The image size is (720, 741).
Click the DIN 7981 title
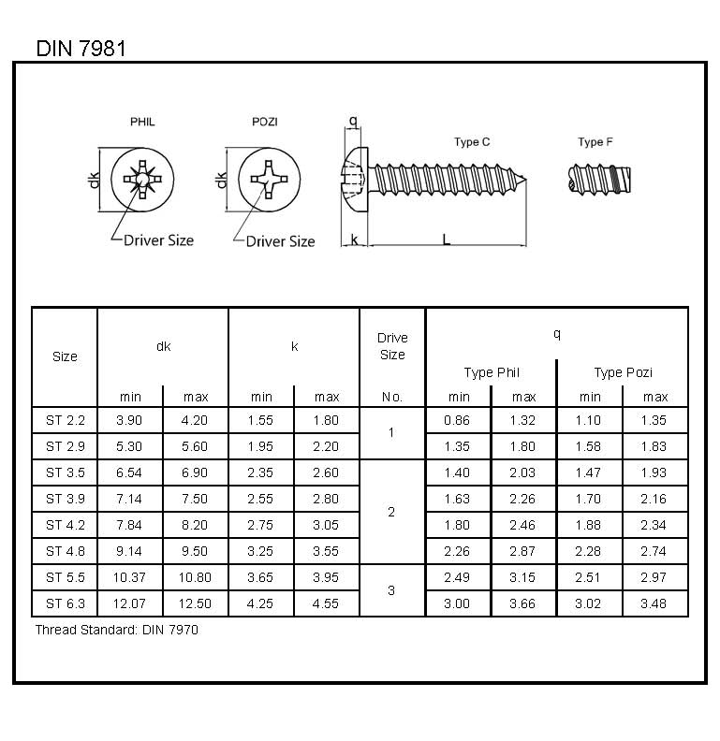81,48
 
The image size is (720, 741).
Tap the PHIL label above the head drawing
142,123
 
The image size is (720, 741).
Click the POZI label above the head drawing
265,123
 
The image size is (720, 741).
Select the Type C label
472,142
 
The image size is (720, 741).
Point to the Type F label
595,142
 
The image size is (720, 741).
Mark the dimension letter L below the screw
446,240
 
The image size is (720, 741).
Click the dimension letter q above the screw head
352,121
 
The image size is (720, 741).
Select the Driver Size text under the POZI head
280,241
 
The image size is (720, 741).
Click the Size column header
65,356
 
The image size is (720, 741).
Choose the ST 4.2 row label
65,525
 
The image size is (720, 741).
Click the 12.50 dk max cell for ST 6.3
196,603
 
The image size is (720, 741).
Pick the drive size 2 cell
391,512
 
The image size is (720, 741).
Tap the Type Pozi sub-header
623,372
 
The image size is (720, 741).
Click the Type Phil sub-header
492,372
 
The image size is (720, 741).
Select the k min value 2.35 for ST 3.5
261,472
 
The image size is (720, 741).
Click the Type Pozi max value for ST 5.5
654,577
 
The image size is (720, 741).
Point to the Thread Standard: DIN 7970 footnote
117,630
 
